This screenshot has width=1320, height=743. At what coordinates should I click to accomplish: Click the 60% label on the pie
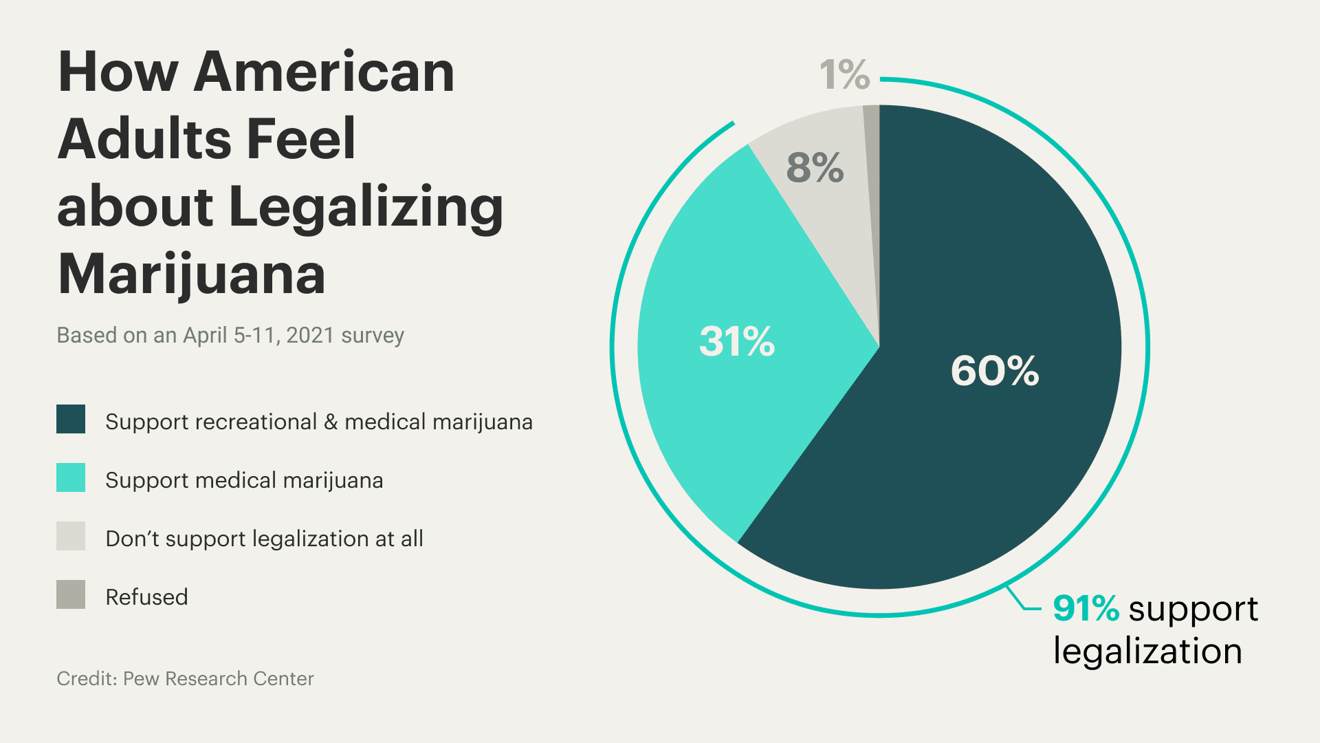pyautogui.click(x=994, y=371)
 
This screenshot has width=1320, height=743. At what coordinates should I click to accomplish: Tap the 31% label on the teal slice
pyautogui.click(x=736, y=341)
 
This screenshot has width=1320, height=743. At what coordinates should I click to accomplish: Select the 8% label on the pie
pyautogui.click(x=815, y=167)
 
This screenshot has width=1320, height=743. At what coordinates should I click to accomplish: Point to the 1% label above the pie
pyautogui.click(x=844, y=74)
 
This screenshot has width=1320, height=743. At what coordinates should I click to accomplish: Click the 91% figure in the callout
pyautogui.click(x=1086, y=609)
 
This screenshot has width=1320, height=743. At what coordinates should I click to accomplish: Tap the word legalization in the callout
pyautogui.click(x=1147, y=652)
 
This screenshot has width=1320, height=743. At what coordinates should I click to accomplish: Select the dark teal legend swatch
pyautogui.click(x=71, y=419)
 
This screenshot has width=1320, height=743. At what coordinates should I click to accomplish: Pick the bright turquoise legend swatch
pyautogui.click(x=71, y=477)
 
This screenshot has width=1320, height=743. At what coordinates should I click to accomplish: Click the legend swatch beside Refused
pyautogui.click(x=71, y=594)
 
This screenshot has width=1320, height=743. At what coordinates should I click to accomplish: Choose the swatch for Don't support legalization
pyautogui.click(x=71, y=536)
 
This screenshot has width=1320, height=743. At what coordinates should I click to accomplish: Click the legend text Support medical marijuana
pyautogui.click(x=244, y=480)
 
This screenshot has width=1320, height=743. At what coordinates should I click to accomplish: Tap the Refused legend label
pyautogui.click(x=146, y=597)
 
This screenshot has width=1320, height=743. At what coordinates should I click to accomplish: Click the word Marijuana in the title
pyautogui.click(x=191, y=274)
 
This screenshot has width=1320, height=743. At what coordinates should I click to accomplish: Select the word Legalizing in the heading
pyautogui.click(x=366, y=207)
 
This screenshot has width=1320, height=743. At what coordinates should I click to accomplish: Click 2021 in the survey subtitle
pyautogui.click(x=310, y=335)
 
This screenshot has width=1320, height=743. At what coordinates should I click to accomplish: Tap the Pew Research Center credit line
pyautogui.click(x=185, y=678)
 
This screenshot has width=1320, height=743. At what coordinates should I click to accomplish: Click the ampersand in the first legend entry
pyautogui.click(x=331, y=422)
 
